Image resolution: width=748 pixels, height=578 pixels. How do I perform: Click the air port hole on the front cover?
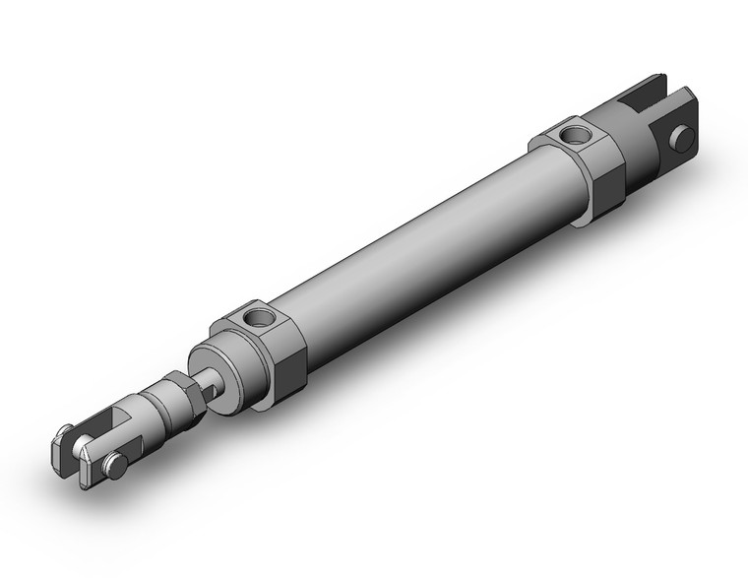click(x=261, y=317)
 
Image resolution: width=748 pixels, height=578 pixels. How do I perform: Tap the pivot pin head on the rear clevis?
click(x=683, y=139)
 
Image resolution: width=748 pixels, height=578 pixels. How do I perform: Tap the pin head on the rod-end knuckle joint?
click(x=117, y=466)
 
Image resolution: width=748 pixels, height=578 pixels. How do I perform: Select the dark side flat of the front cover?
click(x=291, y=370)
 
